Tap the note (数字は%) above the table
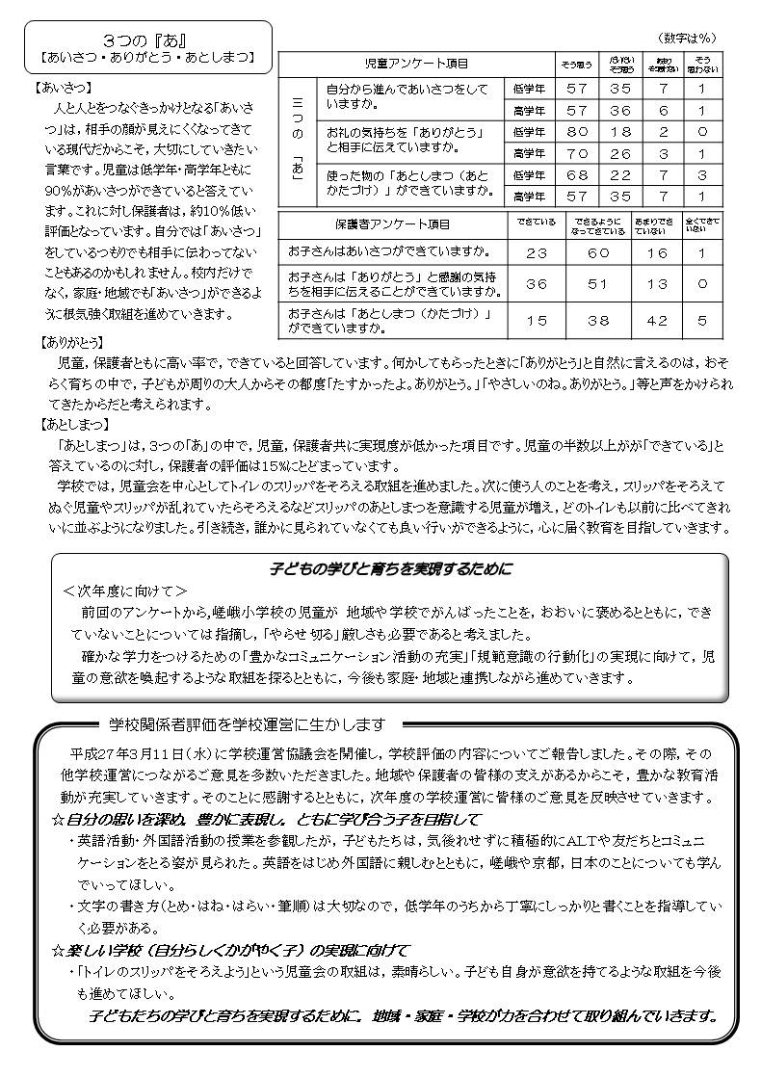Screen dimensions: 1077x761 click(x=688, y=38)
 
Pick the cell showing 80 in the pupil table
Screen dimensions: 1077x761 click(x=577, y=130)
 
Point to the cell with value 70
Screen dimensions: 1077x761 click(x=577, y=153)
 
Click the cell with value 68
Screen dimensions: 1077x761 click(x=577, y=174)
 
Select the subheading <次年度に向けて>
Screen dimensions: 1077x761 click(x=125, y=591)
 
